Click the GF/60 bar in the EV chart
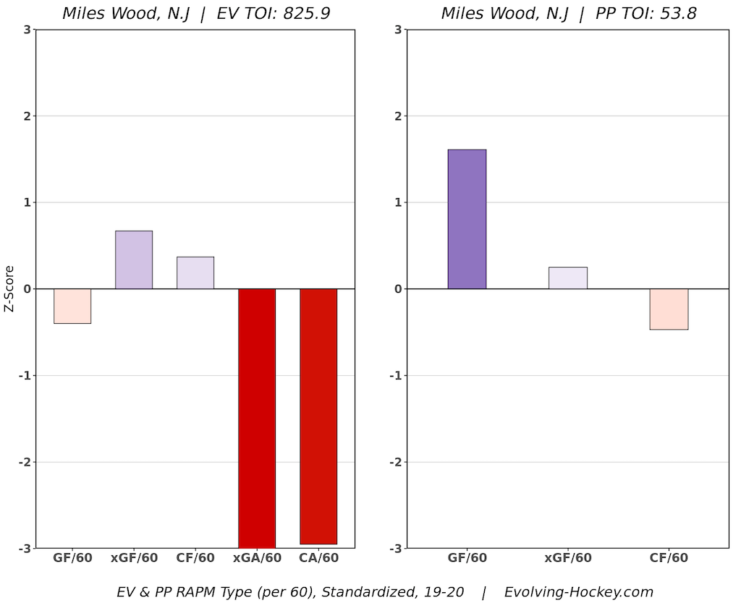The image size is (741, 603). pos(72,306)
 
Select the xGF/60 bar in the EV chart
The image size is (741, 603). pos(134,260)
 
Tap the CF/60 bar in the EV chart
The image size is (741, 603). pos(195,273)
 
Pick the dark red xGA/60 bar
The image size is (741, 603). pos(257,419)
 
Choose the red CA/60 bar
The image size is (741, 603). pos(318,416)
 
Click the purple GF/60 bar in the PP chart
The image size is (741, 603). pos(467,219)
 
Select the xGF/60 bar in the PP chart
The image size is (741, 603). pos(568,278)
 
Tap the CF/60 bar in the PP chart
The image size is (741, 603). pos(669,309)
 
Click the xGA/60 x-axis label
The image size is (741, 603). pos(257,558)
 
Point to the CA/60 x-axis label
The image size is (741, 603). pos(319,558)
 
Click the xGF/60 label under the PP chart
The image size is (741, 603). pos(568,558)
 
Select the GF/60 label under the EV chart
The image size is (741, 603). pos(72,558)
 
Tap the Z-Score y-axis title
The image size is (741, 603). pos(9,288)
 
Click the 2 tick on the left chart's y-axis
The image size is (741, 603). pos(27,116)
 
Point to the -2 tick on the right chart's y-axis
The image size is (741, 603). pos(396,462)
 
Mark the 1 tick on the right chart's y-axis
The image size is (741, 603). pos(398,202)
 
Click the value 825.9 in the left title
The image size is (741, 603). pos(307,13)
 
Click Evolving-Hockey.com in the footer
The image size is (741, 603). pos(578,591)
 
